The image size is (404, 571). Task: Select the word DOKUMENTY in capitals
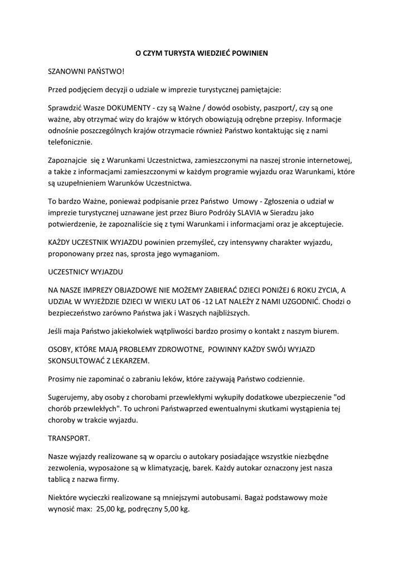point(129,107)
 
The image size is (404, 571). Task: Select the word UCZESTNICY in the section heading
point(72,272)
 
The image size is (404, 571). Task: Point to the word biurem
point(323,331)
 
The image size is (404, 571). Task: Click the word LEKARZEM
point(129,361)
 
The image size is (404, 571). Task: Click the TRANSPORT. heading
point(70,438)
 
